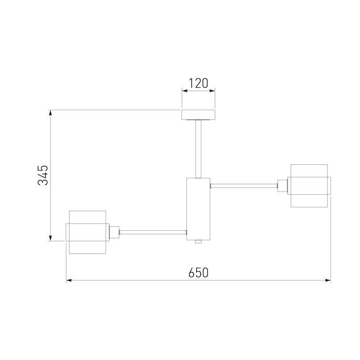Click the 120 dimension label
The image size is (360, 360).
pyautogui.click(x=198, y=83)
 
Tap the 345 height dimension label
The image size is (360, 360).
pyautogui.click(x=43, y=175)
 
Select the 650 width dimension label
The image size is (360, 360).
pyautogui.click(x=198, y=272)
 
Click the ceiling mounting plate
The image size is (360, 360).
pyautogui.click(x=198, y=115)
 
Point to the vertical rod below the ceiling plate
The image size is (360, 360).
pyautogui.click(x=198, y=149)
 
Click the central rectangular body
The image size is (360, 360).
pyautogui.click(x=198, y=209)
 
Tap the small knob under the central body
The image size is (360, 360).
pyautogui.click(x=198, y=242)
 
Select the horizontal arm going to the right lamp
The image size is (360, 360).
pyautogui.click(x=244, y=186)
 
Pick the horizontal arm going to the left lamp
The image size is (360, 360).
pyautogui.click(x=153, y=232)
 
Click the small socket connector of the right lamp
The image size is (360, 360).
pyautogui.click(x=283, y=186)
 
